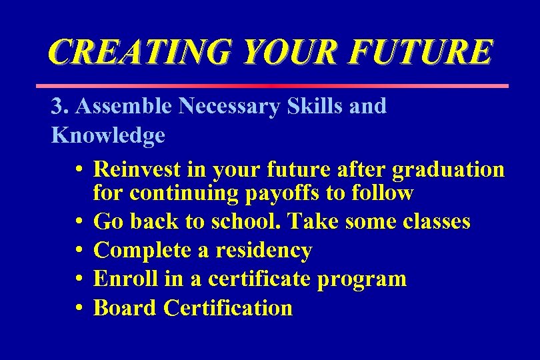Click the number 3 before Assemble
(57, 106)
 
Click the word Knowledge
(108, 135)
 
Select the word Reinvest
(138, 169)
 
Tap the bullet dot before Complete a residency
(79, 251)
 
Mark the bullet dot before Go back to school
(79, 222)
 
